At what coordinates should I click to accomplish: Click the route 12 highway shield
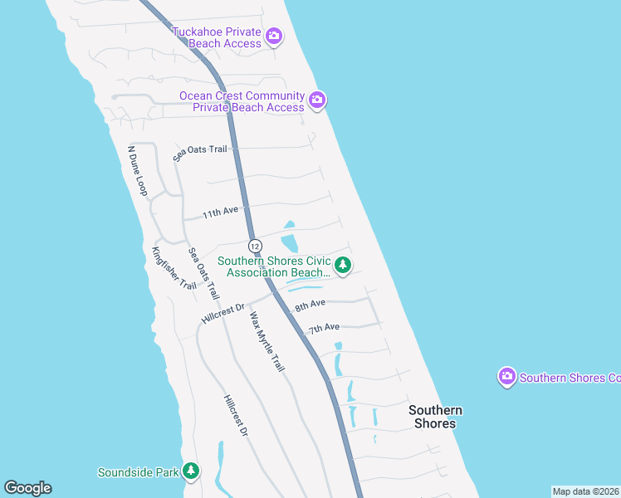pyautogui.click(x=255, y=247)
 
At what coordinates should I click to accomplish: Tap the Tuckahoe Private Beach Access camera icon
pyautogui.click(x=274, y=37)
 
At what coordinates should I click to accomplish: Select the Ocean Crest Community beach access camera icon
pyautogui.click(x=316, y=101)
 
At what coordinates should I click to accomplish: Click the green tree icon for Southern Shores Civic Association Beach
pyautogui.click(x=343, y=266)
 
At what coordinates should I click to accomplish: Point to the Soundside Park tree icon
pyautogui.click(x=192, y=472)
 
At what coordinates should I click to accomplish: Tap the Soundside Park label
pyautogui.click(x=139, y=473)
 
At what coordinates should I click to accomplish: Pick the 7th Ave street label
pyautogui.click(x=324, y=329)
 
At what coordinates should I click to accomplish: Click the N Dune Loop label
pyautogui.click(x=136, y=172)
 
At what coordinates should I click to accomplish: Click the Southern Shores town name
pyautogui.click(x=434, y=417)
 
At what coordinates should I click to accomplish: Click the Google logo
pyautogui.click(x=27, y=488)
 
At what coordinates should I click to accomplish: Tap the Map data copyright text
pyautogui.click(x=585, y=491)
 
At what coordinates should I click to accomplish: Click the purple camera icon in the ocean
pyautogui.click(x=507, y=378)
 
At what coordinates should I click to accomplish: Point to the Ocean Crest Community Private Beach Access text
pyautogui.click(x=242, y=101)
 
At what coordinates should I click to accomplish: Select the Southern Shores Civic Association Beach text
pyautogui.click(x=274, y=266)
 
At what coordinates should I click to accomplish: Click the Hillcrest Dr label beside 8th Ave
pyautogui.click(x=223, y=314)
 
